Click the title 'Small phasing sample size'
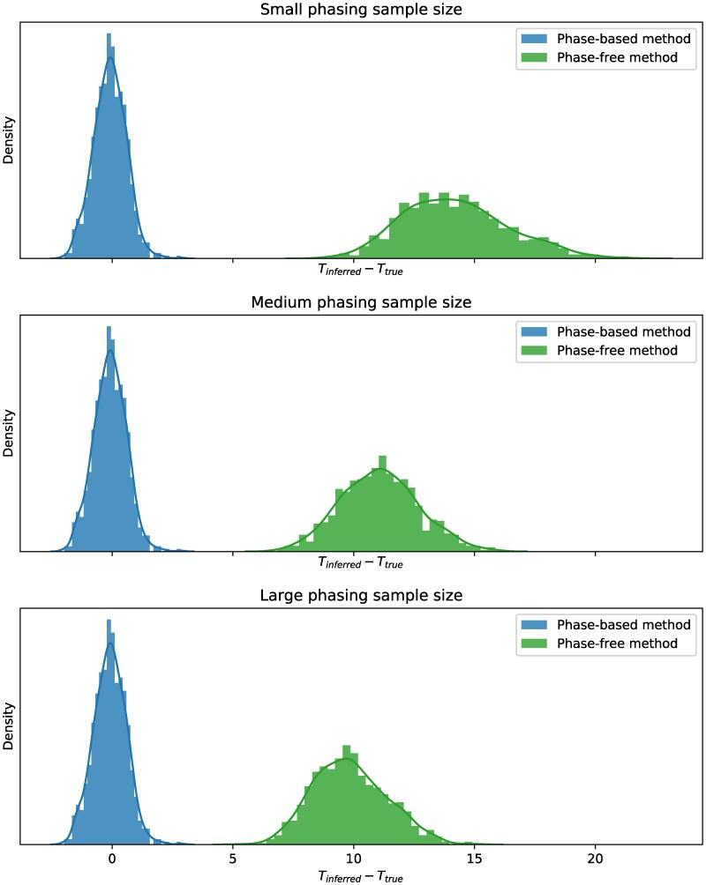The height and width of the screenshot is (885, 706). pyautogui.click(x=361, y=10)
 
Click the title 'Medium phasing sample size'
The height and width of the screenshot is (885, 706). pyautogui.click(x=361, y=302)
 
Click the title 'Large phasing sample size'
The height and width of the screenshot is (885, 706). pyautogui.click(x=361, y=596)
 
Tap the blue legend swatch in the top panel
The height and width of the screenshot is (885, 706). pyautogui.click(x=533, y=39)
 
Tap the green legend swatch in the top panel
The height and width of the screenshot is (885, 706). pyautogui.click(x=533, y=57)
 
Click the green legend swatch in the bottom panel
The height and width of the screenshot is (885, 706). pyautogui.click(x=533, y=643)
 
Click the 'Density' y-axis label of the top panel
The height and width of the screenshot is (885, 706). pyautogui.click(x=9, y=141)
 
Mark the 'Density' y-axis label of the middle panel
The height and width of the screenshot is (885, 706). pyautogui.click(x=9, y=434)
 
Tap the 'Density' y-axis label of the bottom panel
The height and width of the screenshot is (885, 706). pyautogui.click(x=9, y=727)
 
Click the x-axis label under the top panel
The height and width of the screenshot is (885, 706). pyautogui.click(x=360, y=270)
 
